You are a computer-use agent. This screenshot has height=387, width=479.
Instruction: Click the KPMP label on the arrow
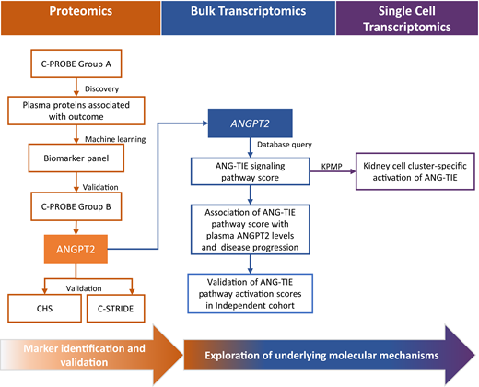(333, 162)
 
